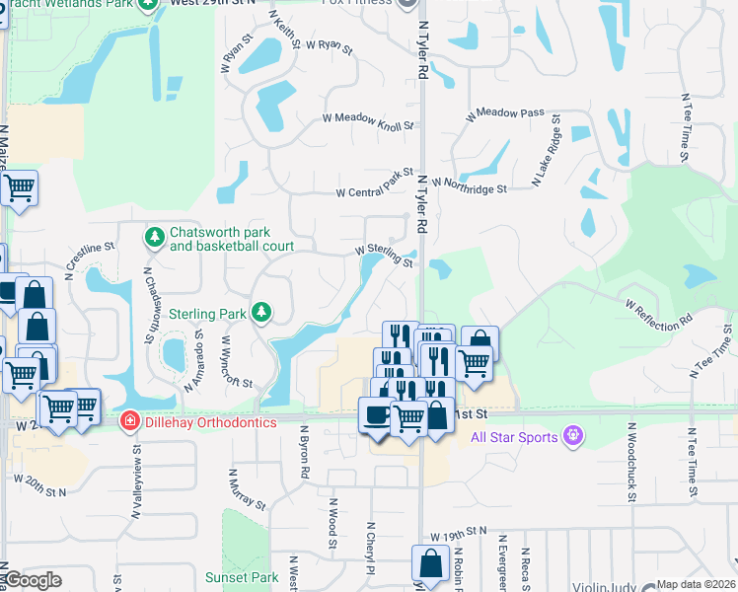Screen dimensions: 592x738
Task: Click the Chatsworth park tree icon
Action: click(x=155, y=237)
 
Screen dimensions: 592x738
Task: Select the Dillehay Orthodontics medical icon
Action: click(x=128, y=421)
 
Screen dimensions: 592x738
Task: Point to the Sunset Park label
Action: click(x=242, y=577)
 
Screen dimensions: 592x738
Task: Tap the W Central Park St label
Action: click(x=374, y=184)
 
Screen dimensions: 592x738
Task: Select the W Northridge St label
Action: click(x=469, y=185)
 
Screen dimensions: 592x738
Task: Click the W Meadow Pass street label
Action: click(x=505, y=113)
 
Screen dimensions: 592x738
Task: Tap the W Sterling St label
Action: click(x=384, y=255)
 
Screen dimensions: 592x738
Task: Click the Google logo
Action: click(x=33, y=580)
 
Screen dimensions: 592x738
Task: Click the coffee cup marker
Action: click(x=376, y=415)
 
